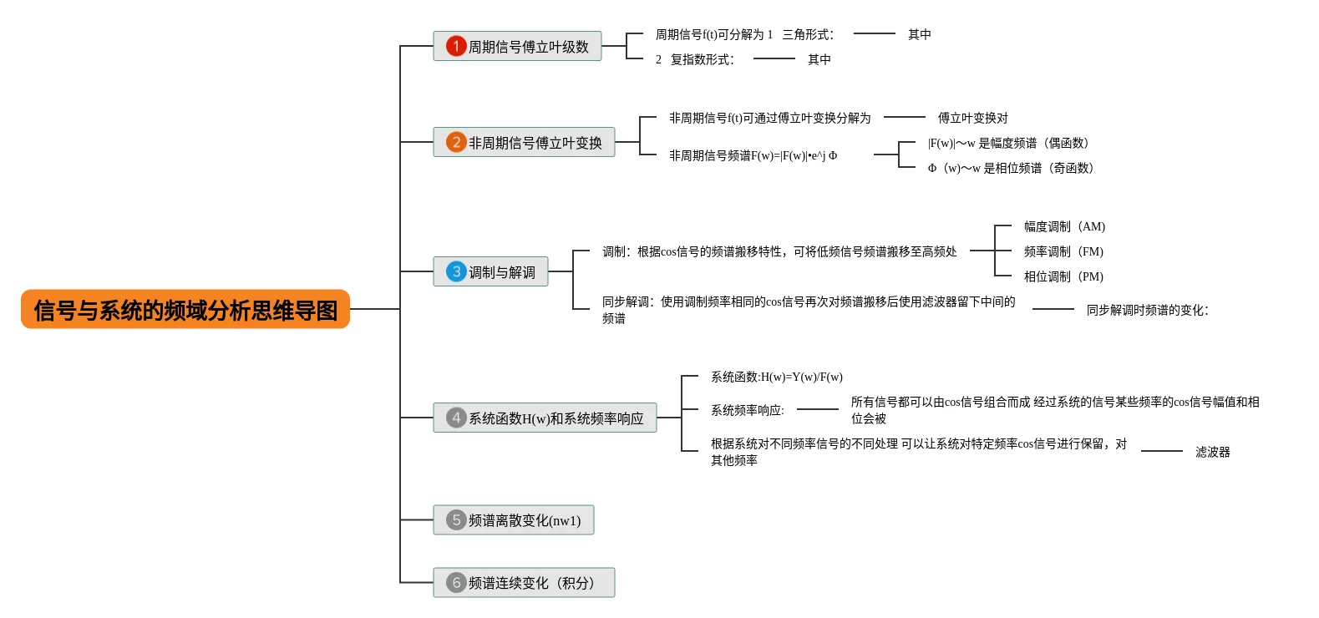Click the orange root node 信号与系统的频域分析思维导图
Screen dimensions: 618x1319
point(185,310)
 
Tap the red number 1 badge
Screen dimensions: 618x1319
point(456,46)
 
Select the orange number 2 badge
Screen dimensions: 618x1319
point(456,142)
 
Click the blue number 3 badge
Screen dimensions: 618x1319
point(456,271)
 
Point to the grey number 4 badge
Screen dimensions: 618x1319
point(456,418)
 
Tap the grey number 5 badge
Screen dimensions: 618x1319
point(456,520)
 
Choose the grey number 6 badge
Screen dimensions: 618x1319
point(456,582)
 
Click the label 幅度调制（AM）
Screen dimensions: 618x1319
point(1064,226)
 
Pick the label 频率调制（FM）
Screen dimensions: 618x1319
point(1063,251)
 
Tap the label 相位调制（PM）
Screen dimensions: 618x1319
point(1063,276)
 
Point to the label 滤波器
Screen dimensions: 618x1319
point(1212,452)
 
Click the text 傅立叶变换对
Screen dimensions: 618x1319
point(972,118)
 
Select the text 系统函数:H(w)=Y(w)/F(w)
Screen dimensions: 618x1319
point(776,377)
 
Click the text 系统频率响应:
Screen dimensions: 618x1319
point(747,410)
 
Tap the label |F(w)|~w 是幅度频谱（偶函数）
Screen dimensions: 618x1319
point(1007,143)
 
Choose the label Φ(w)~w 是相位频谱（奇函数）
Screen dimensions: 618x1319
point(1010,168)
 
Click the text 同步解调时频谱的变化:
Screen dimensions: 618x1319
point(1147,310)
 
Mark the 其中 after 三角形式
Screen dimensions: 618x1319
point(919,34)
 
